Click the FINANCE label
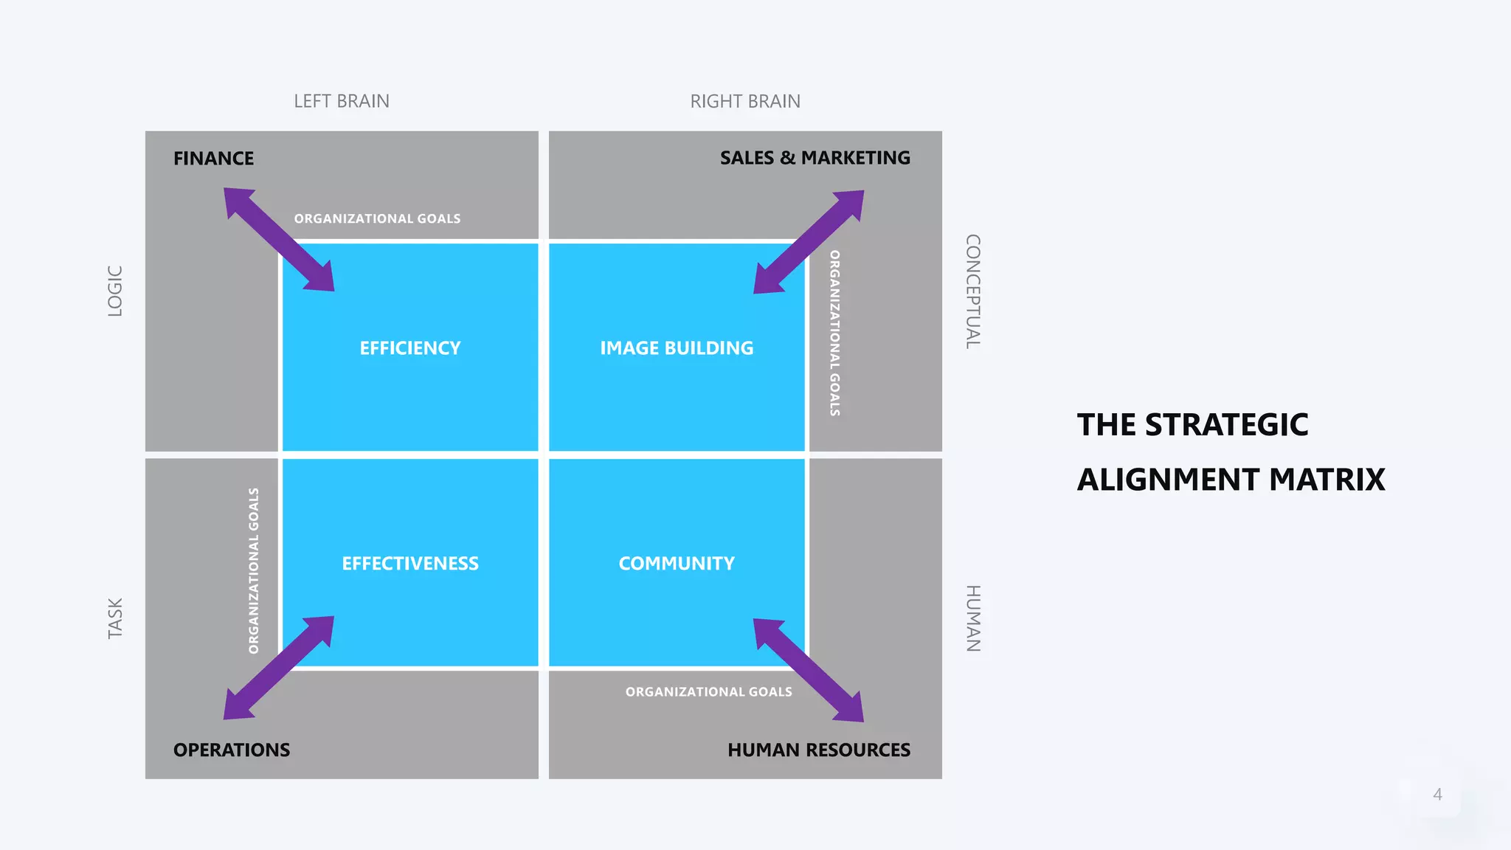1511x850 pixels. click(213, 159)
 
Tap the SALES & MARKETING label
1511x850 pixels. click(815, 158)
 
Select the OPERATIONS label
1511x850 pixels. click(232, 750)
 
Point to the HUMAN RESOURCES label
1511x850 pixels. click(818, 750)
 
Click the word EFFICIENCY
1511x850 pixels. click(410, 348)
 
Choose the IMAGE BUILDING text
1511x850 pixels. click(677, 348)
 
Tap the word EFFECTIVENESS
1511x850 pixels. click(410, 564)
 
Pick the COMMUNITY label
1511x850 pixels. click(677, 564)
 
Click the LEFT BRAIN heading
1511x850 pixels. click(342, 101)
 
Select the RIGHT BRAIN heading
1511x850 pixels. click(745, 101)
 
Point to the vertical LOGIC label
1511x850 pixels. click(115, 291)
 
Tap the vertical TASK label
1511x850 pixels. click(115, 618)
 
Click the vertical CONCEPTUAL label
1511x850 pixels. click(973, 291)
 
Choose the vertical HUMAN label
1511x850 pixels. click(973, 618)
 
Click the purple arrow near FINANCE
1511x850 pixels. click(279, 239)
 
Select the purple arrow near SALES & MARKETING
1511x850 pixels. click(809, 242)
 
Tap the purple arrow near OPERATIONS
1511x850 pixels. click(279, 668)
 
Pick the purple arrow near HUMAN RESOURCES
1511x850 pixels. click(808, 670)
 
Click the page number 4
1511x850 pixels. click(1437, 795)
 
